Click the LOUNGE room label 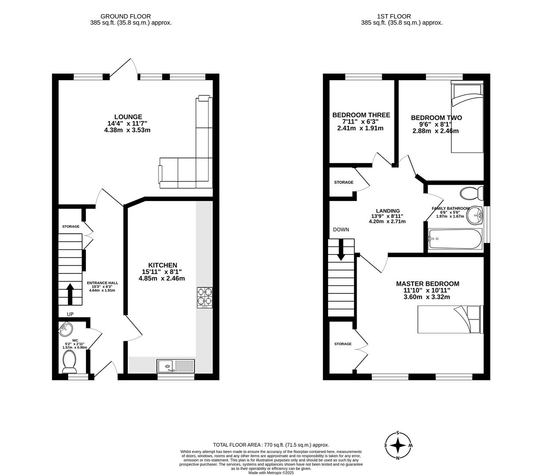pos(128,117)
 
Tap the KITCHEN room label pos(162,265)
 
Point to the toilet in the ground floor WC pos(70,362)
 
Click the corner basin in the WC pos(65,328)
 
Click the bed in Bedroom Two pos(467,117)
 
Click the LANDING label pos(387,211)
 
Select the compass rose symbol pos(398,445)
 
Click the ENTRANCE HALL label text pos(102,283)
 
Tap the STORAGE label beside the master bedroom pos(343,344)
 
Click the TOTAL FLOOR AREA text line pos(271,445)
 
